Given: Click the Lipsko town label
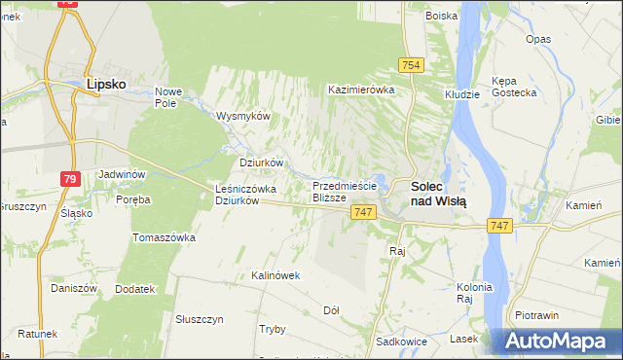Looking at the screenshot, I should (x=107, y=85).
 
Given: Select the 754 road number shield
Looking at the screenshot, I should (x=410, y=64).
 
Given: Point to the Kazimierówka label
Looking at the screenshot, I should (x=361, y=90).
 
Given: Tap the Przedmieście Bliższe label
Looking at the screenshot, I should (x=344, y=191).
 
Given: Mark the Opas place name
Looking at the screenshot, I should (x=538, y=39).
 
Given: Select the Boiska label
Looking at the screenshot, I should (x=442, y=16).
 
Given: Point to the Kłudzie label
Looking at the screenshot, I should (x=462, y=94).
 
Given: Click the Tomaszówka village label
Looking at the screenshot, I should (x=165, y=237).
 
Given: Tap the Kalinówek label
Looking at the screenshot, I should (x=275, y=275).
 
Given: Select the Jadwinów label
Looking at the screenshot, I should (x=122, y=174).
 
